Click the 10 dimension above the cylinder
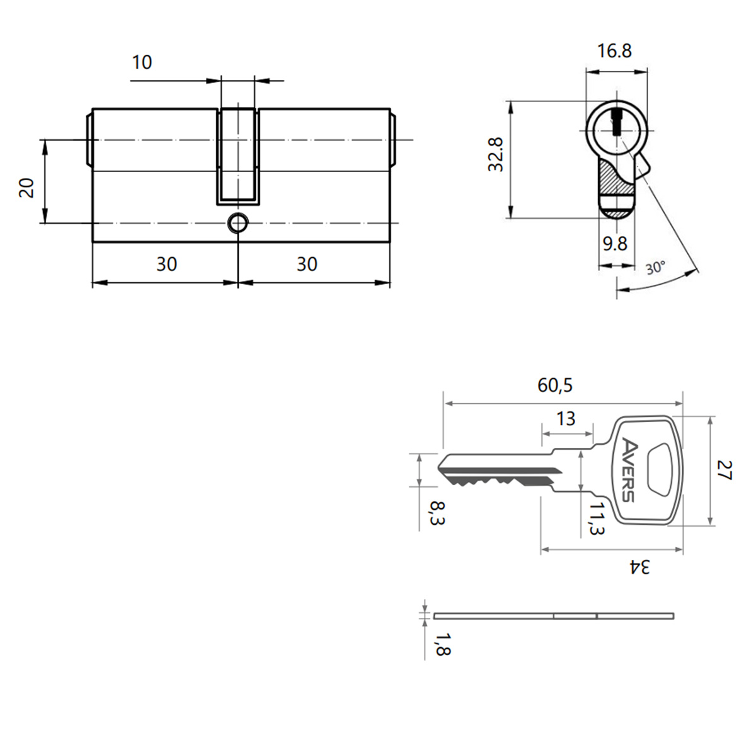[x=142, y=62]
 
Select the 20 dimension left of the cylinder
[x=27, y=188]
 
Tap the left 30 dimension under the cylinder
[x=167, y=264]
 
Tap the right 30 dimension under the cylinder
[x=307, y=264]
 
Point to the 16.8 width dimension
[x=614, y=51]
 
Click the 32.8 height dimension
[x=496, y=154]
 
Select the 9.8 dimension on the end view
[x=615, y=244]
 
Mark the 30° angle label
[x=656, y=268]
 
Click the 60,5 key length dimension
[x=555, y=386]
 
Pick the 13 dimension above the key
[x=566, y=419]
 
